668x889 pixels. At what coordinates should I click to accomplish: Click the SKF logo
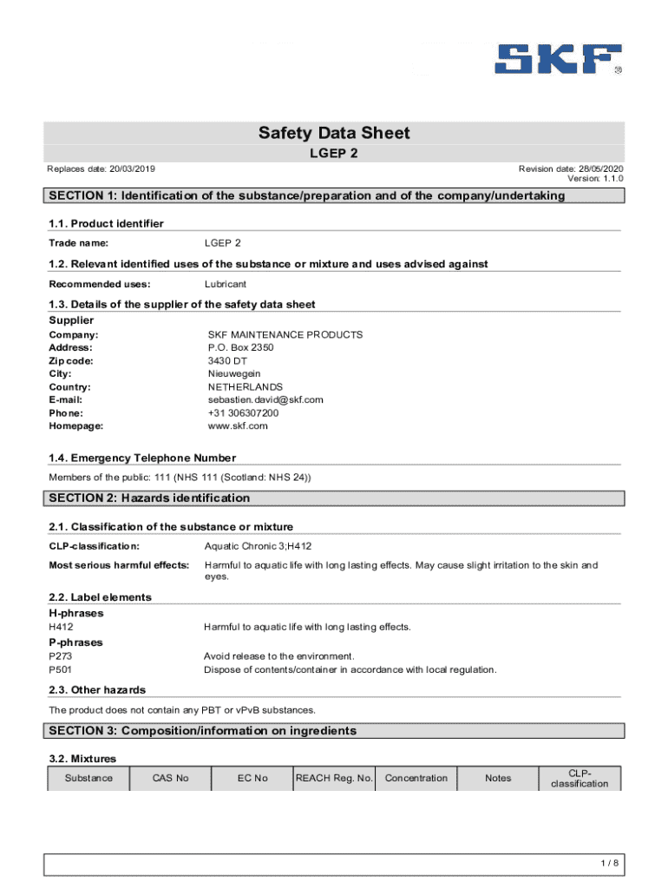[559, 59]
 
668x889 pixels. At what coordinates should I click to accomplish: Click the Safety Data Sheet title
[334, 133]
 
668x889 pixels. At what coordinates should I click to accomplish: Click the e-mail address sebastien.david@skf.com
[265, 399]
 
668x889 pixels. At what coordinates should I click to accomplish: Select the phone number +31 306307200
[243, 413]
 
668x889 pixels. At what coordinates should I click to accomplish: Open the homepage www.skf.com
[237, 426]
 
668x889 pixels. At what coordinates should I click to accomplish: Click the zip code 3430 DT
[227, 360]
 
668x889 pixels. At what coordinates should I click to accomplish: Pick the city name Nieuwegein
[233, 373]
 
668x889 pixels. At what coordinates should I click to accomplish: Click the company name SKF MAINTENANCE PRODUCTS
[285, 334]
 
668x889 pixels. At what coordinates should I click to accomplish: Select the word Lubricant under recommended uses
[225, 284]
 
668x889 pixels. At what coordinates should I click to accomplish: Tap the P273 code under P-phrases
[61, 656]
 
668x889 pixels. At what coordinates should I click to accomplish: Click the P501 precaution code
[61, 669]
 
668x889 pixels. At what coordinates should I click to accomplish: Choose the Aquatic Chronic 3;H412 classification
[257, 546]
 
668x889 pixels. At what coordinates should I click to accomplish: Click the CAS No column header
[170, 778]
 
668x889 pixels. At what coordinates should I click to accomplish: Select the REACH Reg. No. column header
[334, 778]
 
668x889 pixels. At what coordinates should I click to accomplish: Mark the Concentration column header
[416, 778]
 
